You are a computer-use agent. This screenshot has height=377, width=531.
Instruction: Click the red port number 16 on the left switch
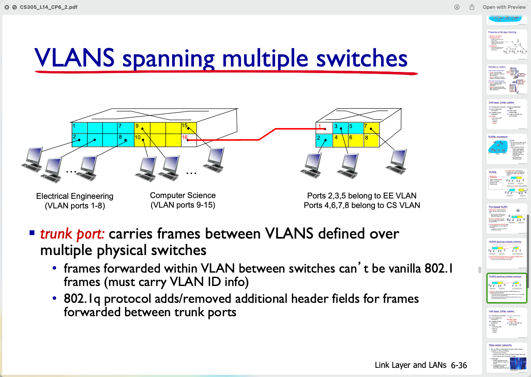pos(185,137)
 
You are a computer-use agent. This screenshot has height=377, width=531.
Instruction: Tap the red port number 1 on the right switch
pos(320,126)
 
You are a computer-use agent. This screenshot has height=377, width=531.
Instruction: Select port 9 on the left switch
pos(137,126)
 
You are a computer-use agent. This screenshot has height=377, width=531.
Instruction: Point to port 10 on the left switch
pos(138,137)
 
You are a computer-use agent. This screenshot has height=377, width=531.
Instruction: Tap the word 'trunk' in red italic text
pos(56,234)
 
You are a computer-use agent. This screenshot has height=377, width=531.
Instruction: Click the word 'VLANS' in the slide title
pos(75,58)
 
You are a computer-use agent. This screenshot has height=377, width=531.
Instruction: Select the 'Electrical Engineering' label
pos(75,196)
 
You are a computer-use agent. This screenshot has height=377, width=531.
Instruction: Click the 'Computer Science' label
pos(183,195)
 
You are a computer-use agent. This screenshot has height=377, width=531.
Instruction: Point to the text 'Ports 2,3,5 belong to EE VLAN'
pos(362,196)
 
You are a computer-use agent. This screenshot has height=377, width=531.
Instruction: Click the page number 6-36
pos(459,366)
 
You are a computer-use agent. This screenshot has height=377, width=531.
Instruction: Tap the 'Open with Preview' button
pos(504,7)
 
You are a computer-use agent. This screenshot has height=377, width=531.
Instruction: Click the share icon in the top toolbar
pos(472,7)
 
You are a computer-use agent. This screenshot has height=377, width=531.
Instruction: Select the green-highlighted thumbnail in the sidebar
pos(507,288)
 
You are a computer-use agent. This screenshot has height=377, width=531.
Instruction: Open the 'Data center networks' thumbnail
pos(507,357)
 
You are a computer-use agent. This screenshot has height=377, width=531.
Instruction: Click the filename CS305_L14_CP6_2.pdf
pos(49,7)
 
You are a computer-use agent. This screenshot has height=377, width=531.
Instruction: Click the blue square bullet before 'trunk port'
pos(32,232)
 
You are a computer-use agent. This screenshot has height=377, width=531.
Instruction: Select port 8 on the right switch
pos(366,138)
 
